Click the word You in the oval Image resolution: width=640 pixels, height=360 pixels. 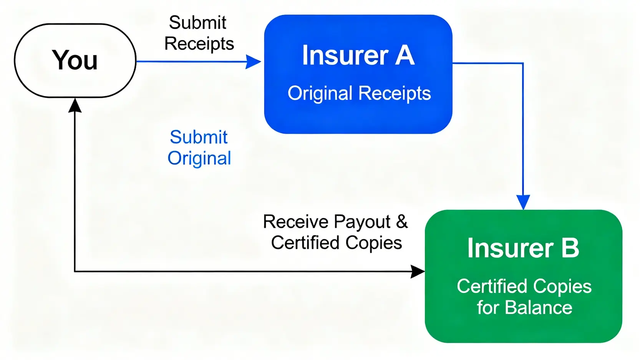(x=75, y=60)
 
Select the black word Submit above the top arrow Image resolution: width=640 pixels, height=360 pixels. (x=197, y=23)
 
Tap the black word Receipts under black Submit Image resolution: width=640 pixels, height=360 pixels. (x=199, y=43)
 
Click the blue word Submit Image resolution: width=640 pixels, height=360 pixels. (x=199, y=137)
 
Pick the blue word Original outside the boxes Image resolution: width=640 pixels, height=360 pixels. (x=199, y=158)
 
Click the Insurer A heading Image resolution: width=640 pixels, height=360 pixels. (x=358, y=55)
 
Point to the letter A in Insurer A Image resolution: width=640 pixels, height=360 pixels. (x=405, y=55)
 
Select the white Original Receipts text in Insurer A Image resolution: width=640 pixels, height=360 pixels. (x=359, y=93)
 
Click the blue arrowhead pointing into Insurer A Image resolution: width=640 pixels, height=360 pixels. (x=254, y=61)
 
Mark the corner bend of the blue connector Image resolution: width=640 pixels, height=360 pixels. (x=523, y=63)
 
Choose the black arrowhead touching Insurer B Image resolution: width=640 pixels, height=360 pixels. (x=418, y=272)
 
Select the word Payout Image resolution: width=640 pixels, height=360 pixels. (x=362, y=222)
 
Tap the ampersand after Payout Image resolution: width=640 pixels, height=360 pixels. (x=402, y=222)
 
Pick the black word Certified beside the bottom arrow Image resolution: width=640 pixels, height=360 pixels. (x=305, y=243)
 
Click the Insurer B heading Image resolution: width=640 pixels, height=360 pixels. (x=523, y=248)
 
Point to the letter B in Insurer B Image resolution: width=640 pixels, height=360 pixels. (x=570, y=248)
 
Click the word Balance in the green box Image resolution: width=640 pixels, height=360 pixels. (x=538, y=308)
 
